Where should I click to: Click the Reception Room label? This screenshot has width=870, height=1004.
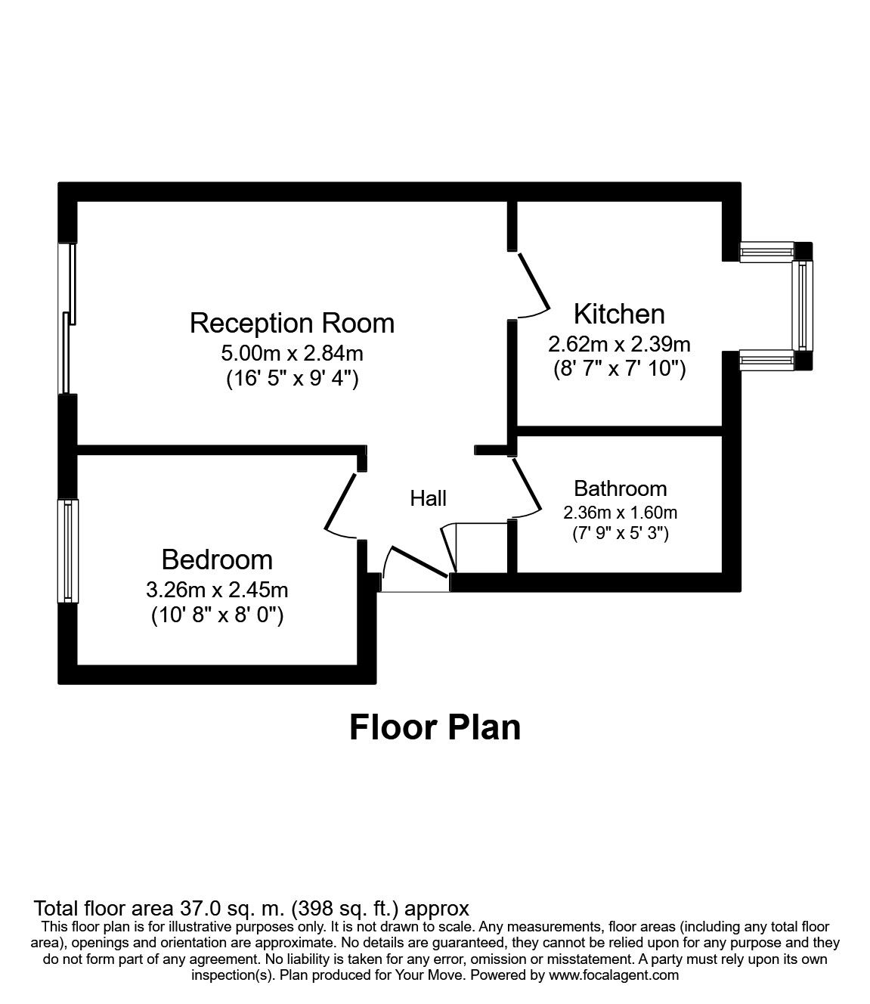pyautogui.click(x=292, y=323)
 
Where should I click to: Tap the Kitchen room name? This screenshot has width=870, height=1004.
pyautogui.click(x=619, y=313)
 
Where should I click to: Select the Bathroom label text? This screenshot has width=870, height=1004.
pyautogui.click(x=620, y=488)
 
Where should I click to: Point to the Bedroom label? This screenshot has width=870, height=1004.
pyautogui.click(x=217, y=559)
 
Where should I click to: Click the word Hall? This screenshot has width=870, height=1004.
pyautogui.click(x=428, y=498)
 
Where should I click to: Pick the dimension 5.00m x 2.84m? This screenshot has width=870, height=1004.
pyautogui.click(x=292, y=352)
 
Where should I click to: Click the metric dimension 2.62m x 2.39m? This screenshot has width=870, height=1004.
pyautogui.click(x=619, y=344)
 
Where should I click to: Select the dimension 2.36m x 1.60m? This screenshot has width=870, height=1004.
pyautogui.click(x=620, y=512)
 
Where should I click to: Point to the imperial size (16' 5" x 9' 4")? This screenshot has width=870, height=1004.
pyautogui.click(x=292, y=378)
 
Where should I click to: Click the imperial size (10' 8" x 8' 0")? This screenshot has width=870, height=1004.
pyautogui.click(x=217, y=615)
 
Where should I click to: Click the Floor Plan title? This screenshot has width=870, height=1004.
pyautogui.click(x=435, y=727)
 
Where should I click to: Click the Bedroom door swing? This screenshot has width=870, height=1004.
pyautogui.click(x=340, y=504)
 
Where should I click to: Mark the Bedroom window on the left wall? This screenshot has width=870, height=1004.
pyautogui.click(x=68, y=550)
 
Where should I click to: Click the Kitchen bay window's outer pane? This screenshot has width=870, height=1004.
pyautogui.click(x=803, y=306)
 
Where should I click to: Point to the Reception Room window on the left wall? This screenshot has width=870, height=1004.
pyautogui.click(x=68, y=318)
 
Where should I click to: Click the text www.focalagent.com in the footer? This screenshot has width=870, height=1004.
pyautogui.click(x=613, y=975)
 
